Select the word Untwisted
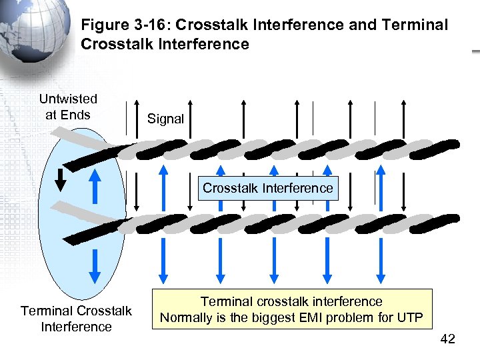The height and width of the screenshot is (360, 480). point(68,99)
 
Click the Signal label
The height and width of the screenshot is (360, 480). point(165,119)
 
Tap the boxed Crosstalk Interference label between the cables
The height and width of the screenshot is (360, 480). point(267,188)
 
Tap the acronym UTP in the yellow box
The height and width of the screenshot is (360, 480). point(409,317)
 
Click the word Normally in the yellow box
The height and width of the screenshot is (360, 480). point(189,317)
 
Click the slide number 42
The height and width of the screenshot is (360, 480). point(448,340)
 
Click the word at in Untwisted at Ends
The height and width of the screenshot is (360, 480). point(51,115)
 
